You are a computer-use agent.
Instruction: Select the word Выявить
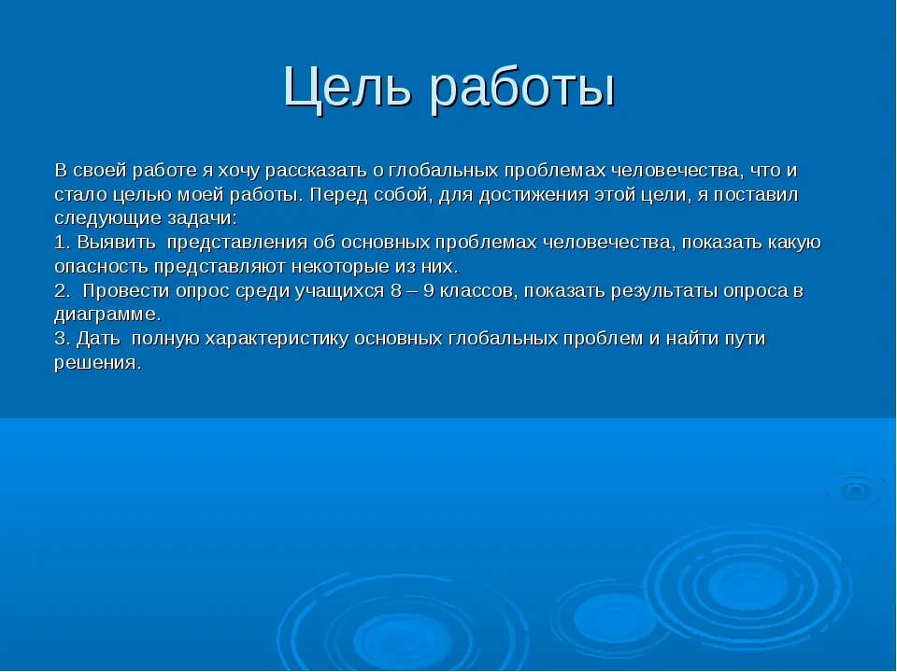(x=116, y=243)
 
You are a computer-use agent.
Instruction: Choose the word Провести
(x=126, y=292)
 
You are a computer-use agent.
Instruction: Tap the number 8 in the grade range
(x=396, y=291)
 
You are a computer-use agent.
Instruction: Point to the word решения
(x=97, y=363)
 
